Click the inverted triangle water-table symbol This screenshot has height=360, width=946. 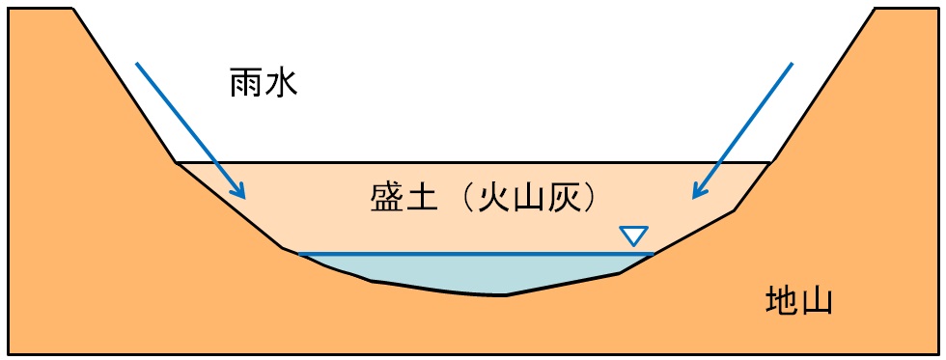click(x=633, y=235)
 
